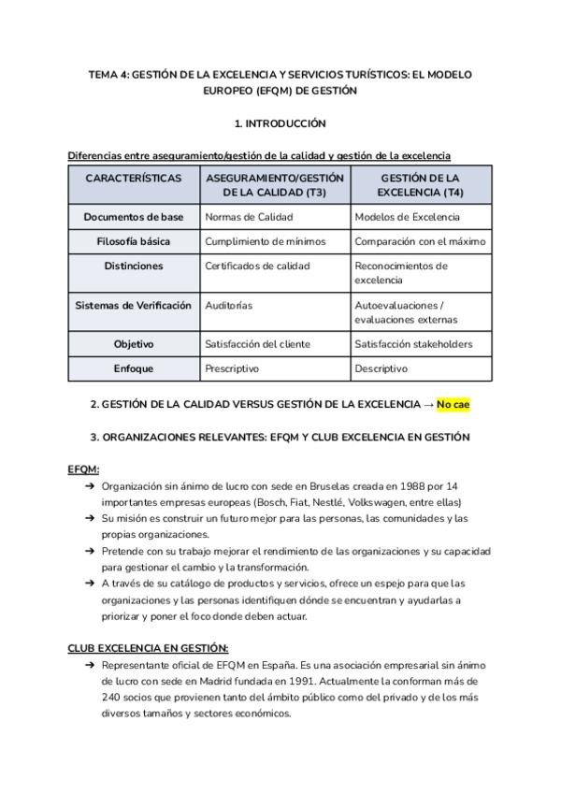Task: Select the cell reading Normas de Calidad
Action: (249, 217)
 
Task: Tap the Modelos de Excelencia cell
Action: (408, 217)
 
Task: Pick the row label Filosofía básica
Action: (134, 241)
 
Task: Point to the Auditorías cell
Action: (228, 306)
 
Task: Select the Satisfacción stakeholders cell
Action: (413, 344)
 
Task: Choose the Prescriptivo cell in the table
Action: (232, 368)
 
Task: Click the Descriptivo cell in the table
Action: (381, 368)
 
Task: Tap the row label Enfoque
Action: (134, 368)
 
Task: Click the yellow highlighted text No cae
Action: (453, 404)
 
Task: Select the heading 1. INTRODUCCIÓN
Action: (280, 123)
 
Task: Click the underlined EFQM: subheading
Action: (83, 469)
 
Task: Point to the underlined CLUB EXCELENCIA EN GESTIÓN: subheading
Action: (148, 647)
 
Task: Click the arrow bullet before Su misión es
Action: (89, 518)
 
